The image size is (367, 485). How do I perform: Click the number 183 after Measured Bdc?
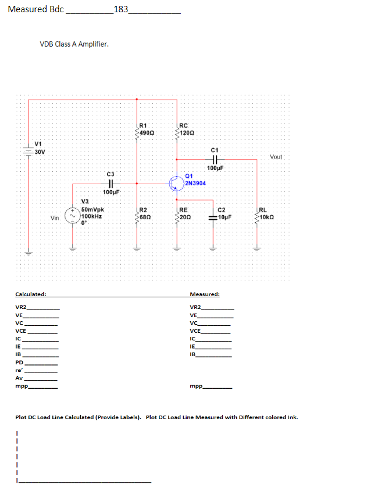tap(121, 9)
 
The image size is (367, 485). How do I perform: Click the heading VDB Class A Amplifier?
tap(74, 44)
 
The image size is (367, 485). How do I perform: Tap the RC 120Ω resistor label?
tap(187, 129)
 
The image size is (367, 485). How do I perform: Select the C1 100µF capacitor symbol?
tap(215, 159)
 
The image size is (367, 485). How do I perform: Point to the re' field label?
tap(19, 370)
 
